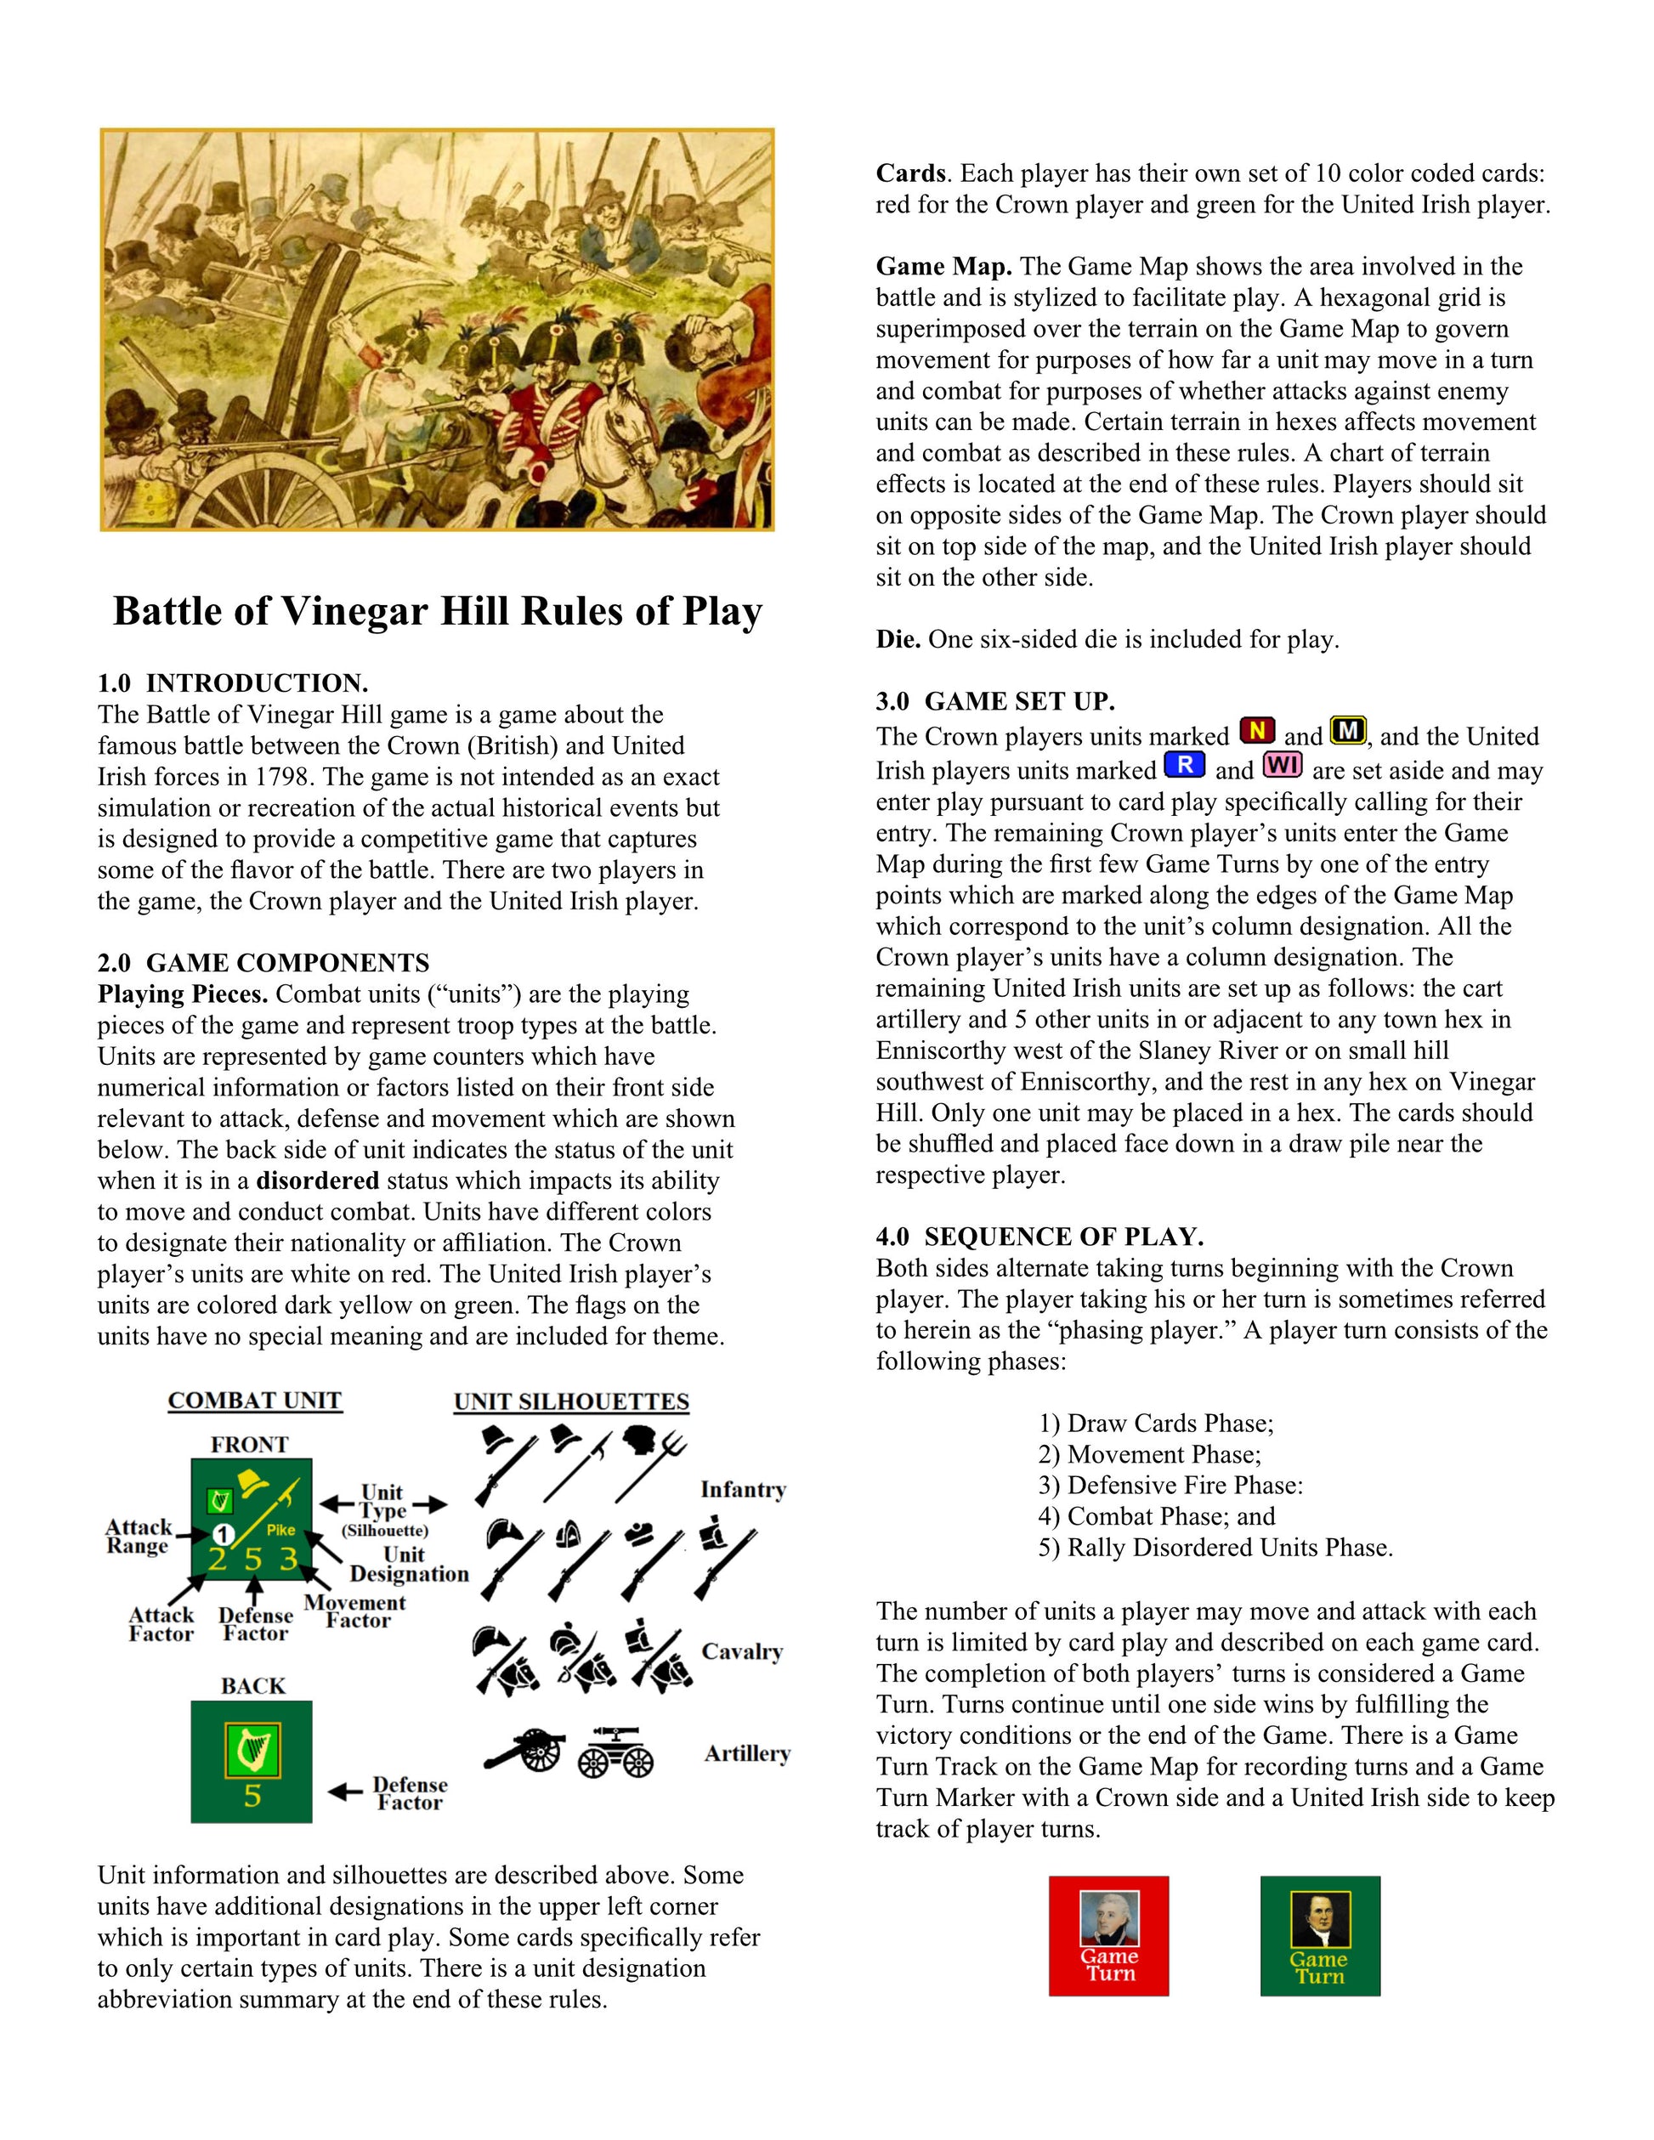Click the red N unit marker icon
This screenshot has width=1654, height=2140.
coord(1257,731)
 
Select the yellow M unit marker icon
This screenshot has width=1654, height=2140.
coord(1348,731)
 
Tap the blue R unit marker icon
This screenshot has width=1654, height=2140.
coord(1185,764)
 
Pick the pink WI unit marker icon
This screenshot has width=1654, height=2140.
coord(1283,764)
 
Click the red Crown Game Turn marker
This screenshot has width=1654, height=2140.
coord(1108,1936)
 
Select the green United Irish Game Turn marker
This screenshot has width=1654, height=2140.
coord(1320,1936)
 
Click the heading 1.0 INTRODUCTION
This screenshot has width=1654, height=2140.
coord(232,683)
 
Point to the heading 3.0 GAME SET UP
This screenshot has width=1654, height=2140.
coord(995,701)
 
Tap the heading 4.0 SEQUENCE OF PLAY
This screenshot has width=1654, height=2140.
coord(1039,1237)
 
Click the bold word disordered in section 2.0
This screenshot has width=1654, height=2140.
coord(318,1180)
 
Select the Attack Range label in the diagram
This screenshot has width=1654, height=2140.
coord(139,1537)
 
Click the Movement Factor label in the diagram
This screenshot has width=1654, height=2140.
coord(354,1612)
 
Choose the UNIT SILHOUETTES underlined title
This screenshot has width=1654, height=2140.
coord(571,1402)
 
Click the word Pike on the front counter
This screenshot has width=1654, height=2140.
coord(281,1530)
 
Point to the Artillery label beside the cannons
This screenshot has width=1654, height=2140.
coord(746,1754)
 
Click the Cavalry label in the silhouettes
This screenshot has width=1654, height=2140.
coord(742,1652)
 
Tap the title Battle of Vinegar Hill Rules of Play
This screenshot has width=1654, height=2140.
coord(437,611)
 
